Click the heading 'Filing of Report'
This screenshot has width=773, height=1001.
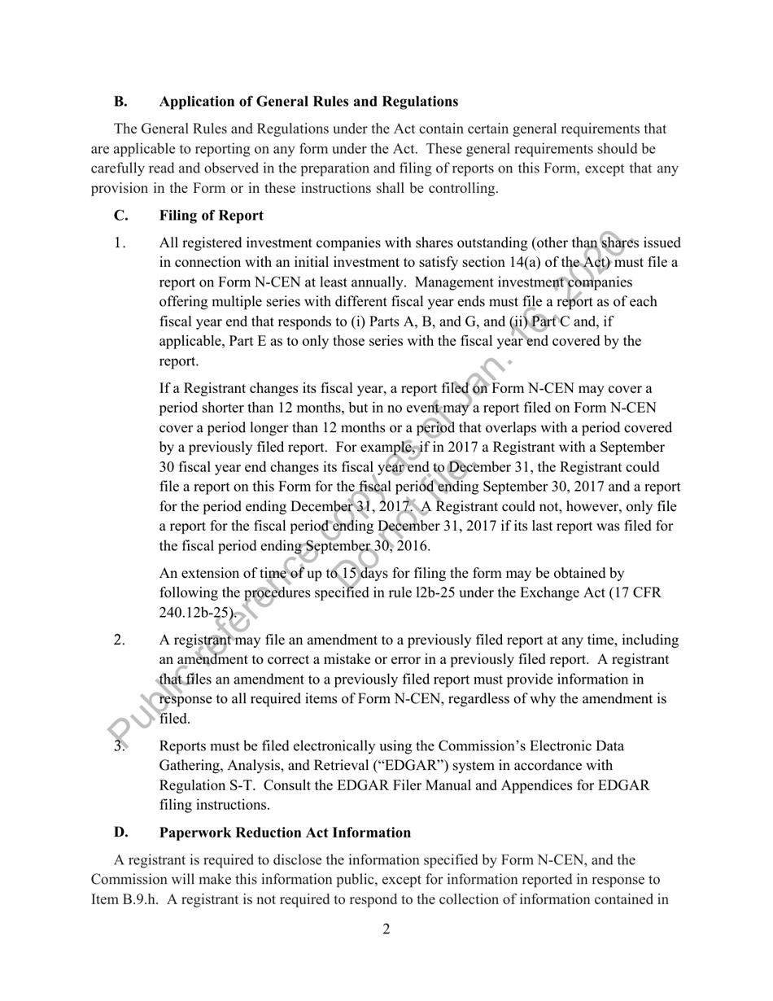tap(212, 216)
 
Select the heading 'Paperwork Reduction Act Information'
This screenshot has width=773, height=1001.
tap(285, 833)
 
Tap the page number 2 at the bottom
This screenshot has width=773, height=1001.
tap(386, 929)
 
